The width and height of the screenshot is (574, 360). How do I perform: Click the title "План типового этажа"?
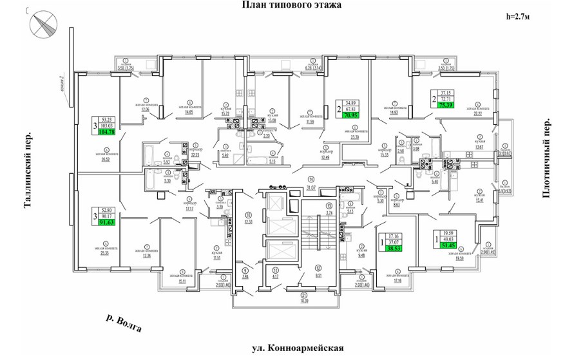(x=291, y=5)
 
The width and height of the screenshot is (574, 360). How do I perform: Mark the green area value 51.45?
(x=447, y=245)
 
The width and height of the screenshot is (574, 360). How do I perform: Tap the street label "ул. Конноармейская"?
(x=296, y=348)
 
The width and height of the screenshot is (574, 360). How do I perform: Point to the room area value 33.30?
(x=353, y=137)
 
